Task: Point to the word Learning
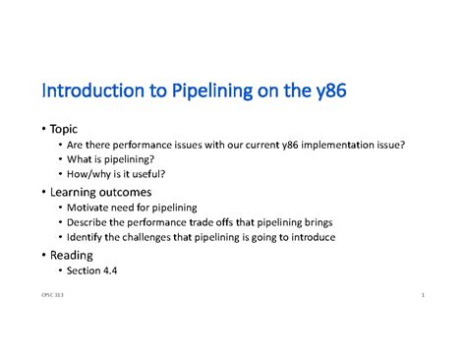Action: (77, 192)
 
